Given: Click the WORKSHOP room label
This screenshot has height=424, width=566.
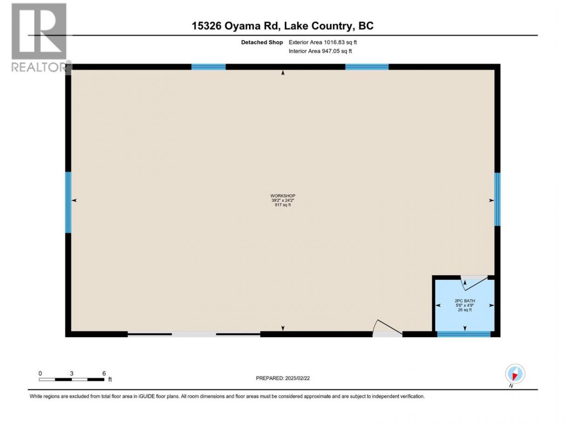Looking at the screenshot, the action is click(x=283, y=196).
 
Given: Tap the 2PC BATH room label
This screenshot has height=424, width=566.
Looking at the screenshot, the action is click(x=465, y=301).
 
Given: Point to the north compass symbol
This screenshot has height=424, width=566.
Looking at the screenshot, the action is click(x=515, y=374).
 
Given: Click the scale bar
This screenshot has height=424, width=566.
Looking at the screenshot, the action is click(x=72, y=379).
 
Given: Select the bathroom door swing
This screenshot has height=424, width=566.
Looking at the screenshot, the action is click(x=474, y=283).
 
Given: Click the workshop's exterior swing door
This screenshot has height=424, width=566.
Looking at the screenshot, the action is click(x=387, y=329).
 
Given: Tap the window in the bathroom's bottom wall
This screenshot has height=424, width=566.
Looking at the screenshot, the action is click(x=464, y=334).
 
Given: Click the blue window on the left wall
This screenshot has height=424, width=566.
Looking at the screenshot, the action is click(x=68, y=202).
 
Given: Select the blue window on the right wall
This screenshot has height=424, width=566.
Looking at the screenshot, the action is click(x=497, y=199).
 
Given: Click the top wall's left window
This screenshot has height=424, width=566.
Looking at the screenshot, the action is click(x=209, y=67).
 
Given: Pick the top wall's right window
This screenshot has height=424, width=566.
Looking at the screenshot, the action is click(x=367, y=67).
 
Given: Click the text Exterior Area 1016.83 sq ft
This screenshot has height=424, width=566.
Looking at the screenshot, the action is click(x=323, y=42).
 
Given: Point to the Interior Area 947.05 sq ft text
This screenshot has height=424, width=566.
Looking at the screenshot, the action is click(x=320, y=51).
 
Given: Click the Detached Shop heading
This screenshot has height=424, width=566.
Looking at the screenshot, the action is click(x=262, y=42).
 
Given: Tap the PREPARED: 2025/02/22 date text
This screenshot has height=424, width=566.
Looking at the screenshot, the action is click(x=283, y=378).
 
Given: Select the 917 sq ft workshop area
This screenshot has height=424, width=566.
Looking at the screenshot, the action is click(x=283, y=205).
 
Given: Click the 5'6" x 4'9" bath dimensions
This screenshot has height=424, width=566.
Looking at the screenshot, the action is click(x=465, y=305).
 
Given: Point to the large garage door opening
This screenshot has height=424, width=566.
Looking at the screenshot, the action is click(x=194, y=334).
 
